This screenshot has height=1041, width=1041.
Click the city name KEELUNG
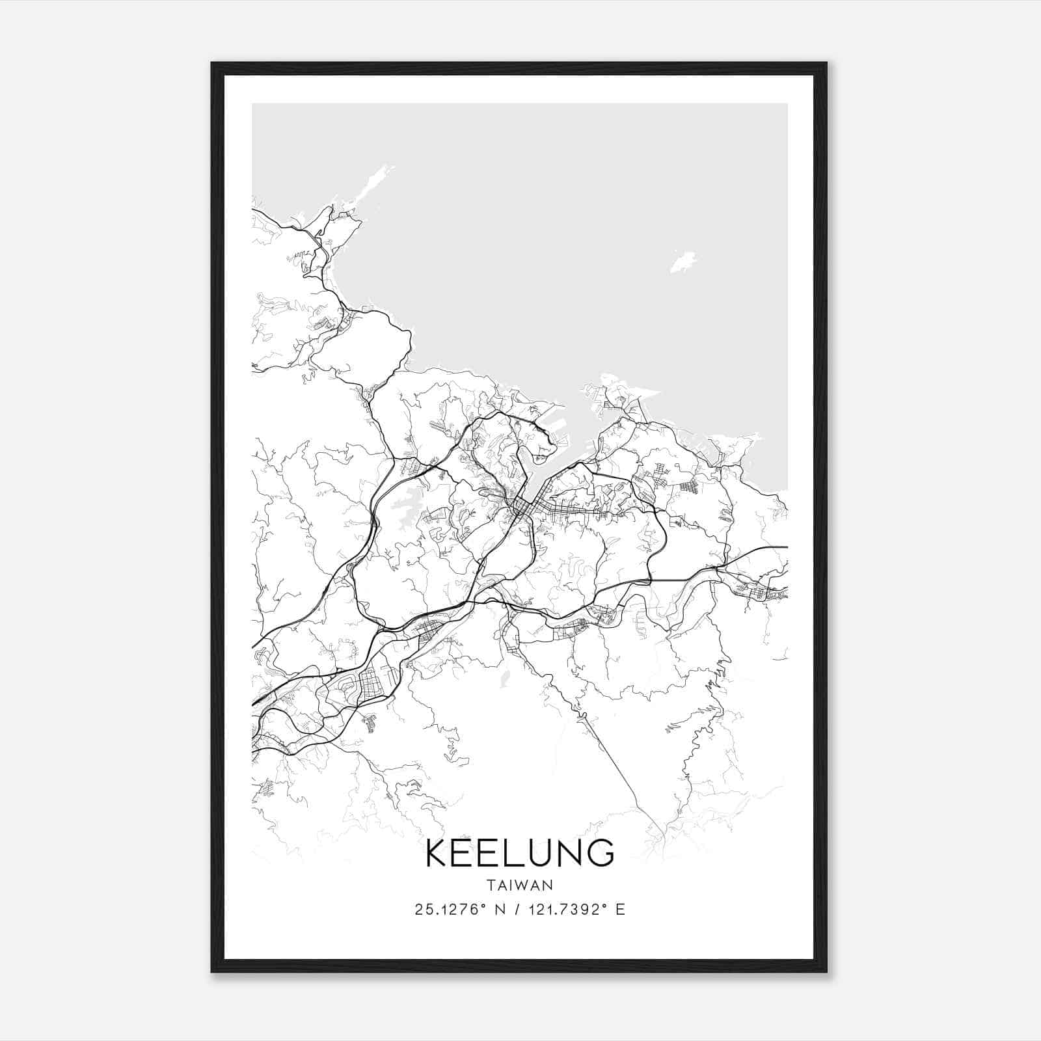point(520,852)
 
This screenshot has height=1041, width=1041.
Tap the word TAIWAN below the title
point(520,885)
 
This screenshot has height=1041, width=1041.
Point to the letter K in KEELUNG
point(438,852)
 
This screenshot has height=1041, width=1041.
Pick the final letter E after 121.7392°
point(620,910)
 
